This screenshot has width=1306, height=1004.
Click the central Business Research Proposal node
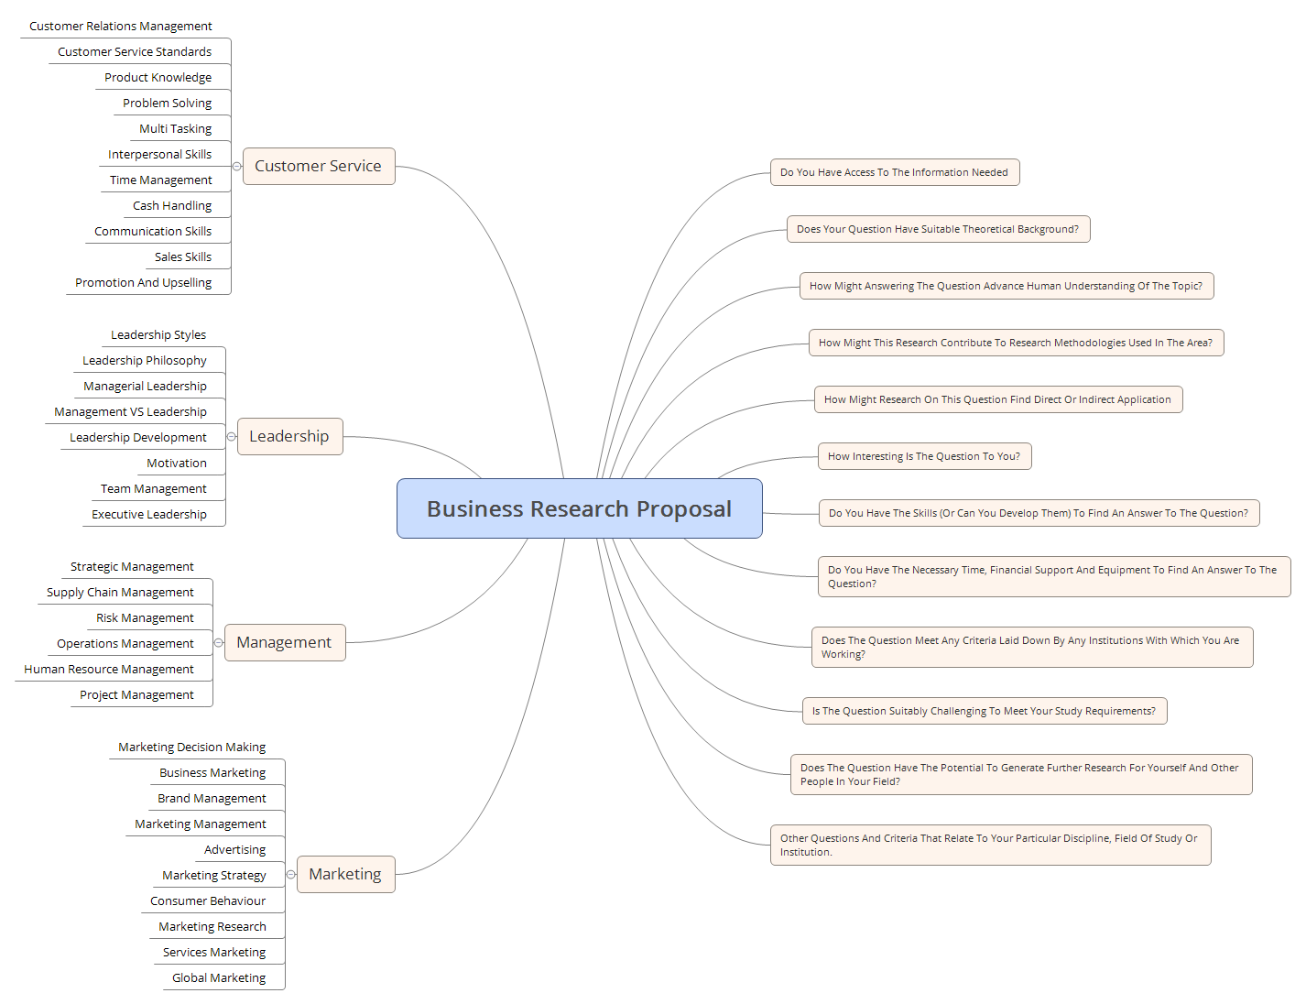[579, 508]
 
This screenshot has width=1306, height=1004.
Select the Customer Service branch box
[318, 166]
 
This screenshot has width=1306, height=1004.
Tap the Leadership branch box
[288, 436]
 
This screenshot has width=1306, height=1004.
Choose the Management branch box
[284, 642]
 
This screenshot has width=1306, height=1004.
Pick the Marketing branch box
[345, 874]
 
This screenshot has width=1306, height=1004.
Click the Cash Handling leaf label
[172, 205]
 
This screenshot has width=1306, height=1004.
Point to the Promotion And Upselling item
[143, 282]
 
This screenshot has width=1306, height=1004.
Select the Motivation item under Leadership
[177, 463]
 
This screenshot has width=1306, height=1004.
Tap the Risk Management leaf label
[145, 617]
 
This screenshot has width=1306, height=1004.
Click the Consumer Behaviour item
[208, 900]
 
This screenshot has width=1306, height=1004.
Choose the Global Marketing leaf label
[219, 977]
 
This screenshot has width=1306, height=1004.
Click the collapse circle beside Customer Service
[236, 166]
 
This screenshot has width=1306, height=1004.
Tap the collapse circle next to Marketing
[290, 874]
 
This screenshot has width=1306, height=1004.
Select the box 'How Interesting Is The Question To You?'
[924, 456]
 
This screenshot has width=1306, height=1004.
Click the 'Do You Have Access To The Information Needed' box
[894, 172]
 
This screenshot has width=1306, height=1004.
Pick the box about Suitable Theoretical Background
[938, 229]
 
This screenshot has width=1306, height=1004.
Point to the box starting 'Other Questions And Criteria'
[989, 845]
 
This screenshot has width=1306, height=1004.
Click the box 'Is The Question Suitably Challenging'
[984, 711]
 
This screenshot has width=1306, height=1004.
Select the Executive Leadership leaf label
[149, 514]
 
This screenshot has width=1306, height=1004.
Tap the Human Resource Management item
[109, 669]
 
